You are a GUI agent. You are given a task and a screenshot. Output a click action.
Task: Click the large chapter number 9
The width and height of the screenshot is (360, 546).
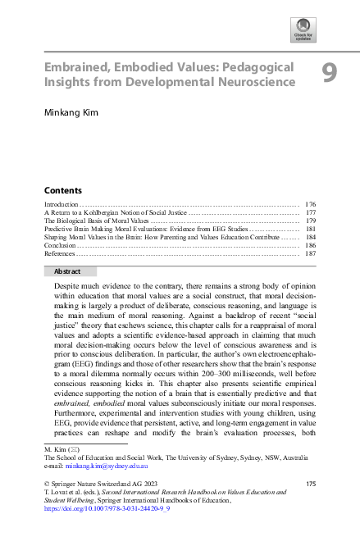(x=328, y=74)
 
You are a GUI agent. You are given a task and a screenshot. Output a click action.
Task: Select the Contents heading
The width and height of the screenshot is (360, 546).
(x=62, y=189)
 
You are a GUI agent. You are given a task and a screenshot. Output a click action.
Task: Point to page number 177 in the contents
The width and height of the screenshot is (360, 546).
(x=310, y=212)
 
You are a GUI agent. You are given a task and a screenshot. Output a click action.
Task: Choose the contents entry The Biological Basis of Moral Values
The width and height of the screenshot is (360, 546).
(x=96, y=221)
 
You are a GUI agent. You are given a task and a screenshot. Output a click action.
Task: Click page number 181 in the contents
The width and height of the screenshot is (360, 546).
(x=310, y=230)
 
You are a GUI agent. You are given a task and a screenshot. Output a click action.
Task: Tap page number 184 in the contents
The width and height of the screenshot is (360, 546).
(x=310, y=238)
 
